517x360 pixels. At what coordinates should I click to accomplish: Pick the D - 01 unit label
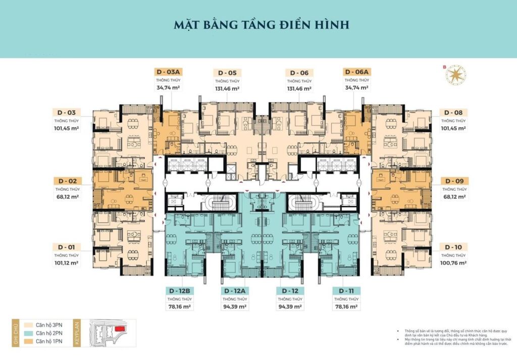click(67, 247)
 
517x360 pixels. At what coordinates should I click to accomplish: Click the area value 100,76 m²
click(453, 263)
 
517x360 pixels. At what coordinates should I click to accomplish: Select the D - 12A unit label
click(235, 291)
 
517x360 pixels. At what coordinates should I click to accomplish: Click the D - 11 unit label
click(346, 291)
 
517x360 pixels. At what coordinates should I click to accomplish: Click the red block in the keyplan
click(120, 329)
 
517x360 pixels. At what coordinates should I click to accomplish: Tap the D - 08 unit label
click(453, 112)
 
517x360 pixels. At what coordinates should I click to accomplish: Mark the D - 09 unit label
click(453, 181)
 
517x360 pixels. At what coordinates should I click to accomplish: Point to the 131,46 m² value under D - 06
click(299, 88)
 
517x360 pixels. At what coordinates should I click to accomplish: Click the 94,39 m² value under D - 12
click(290, 306)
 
